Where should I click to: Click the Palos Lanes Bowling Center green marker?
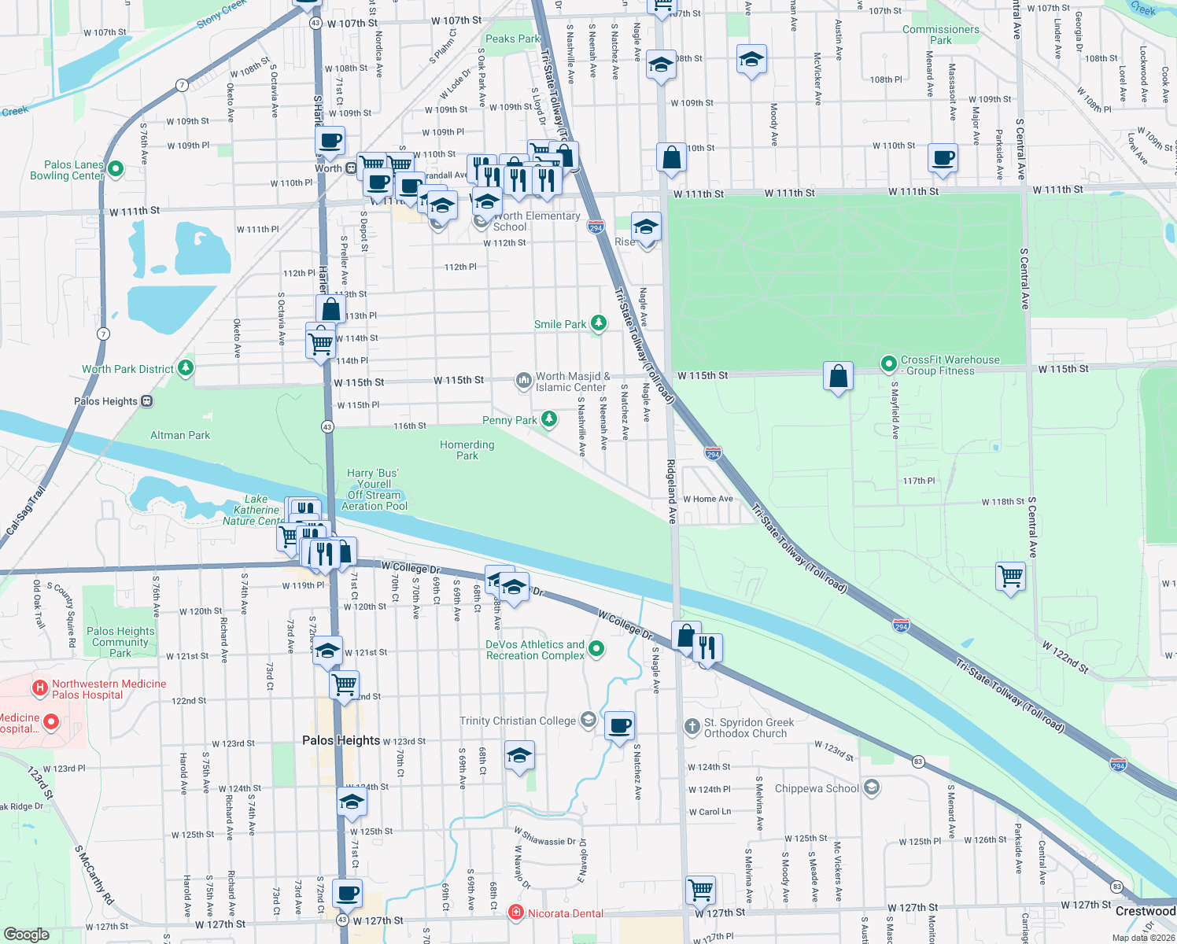[x=116, y=168]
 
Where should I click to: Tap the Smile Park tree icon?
[x=599, y=323]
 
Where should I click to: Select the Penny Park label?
[x=509, y=420]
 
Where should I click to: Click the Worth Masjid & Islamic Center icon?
[x=523, y=382]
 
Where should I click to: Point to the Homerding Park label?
[x=467, y=450]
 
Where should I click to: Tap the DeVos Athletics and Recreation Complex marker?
[x=596, y=649]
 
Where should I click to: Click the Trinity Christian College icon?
[x=588, y=720]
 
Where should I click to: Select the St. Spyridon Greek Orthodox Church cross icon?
[x=692, y=726]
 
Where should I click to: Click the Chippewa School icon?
[x=871, y=787]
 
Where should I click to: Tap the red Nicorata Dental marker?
[x=515, y=913]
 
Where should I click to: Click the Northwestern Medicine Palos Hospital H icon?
[x=39, y=689]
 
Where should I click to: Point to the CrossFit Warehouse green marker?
[x=888, y=363]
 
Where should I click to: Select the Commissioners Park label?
[x=941, y=35]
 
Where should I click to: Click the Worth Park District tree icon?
[x=186, y=367]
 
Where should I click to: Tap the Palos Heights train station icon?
[x=146, y=401]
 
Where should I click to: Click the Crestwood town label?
[x=1145, y=911]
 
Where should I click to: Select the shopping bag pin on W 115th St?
[x=839, y=376]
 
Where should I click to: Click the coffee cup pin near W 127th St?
[x=347, y=894]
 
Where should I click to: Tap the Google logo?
[x=27, y=934]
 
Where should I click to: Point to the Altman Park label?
[x=180, y=435]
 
